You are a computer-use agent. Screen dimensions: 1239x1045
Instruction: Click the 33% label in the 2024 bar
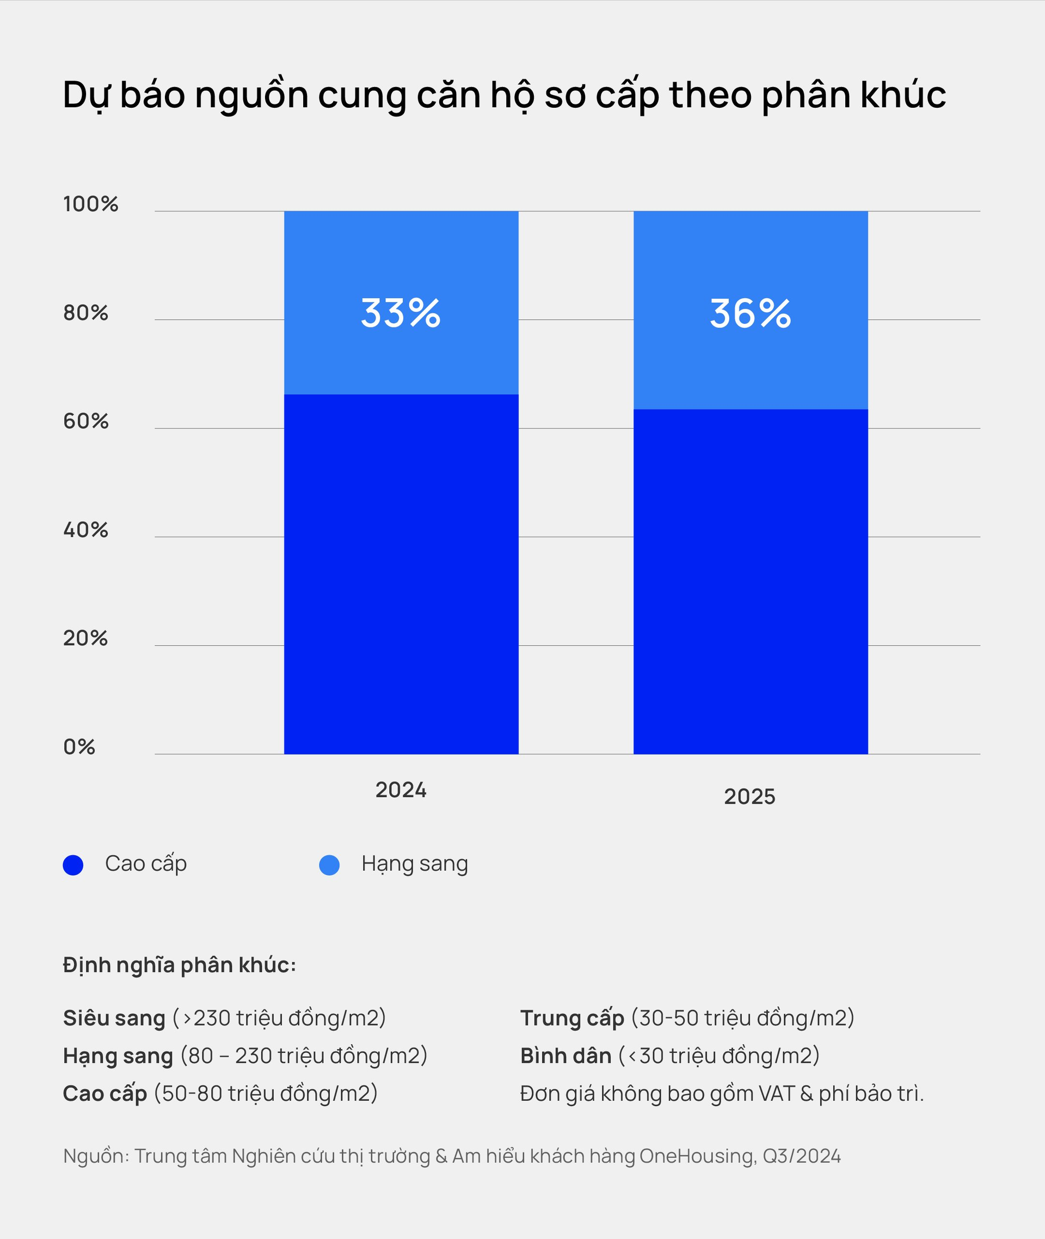(x=401, y=313)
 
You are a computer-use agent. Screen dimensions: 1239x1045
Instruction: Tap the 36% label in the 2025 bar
(x=750, y=313)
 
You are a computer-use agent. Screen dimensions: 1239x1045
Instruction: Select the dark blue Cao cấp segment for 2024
(x=401, y=574)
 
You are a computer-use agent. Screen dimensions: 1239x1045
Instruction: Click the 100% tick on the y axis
(x=91, y=205)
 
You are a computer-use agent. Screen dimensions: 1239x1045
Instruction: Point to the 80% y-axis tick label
(x=86, y=313)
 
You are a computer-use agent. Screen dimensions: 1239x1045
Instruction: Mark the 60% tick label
(x=86, y=421)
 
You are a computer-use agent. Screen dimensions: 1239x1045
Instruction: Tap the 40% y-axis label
(x=86, y=529)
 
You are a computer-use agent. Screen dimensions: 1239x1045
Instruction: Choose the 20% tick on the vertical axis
(x=86, y=638)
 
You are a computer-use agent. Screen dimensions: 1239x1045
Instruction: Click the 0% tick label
(x=79, y=747)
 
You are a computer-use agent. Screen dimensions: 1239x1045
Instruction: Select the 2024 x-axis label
(x=401, y=790)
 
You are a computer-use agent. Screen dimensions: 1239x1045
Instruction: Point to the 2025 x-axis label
(x=749, y=797)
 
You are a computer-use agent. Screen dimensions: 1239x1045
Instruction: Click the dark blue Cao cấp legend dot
(x=73, y=865)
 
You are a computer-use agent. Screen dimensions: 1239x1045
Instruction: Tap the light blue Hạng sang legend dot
(x=329, y=865)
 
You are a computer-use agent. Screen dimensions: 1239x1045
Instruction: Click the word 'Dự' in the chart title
(x=87, y=95)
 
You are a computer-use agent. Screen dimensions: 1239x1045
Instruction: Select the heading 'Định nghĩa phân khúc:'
(x=180, y=965)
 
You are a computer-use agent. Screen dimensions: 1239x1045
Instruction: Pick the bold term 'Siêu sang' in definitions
(x=114, y=1018)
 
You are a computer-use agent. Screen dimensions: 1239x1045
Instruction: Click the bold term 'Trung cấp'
(x=571, y=1018)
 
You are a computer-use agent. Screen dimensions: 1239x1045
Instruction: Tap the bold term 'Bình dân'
(x=565, y=1056)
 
